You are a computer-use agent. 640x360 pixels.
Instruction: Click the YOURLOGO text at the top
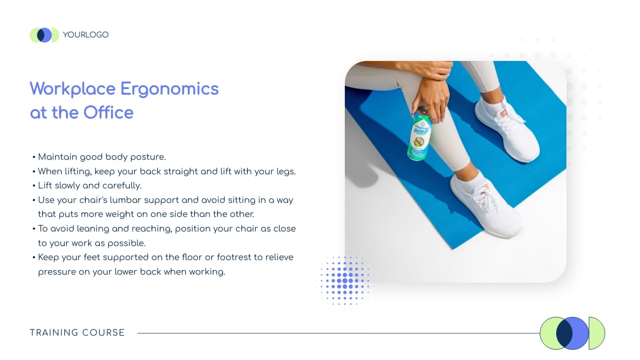86,35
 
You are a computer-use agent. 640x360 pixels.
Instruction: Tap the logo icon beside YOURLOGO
45,35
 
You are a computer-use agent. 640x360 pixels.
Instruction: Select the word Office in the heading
108,112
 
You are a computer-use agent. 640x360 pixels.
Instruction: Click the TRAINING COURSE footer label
77,332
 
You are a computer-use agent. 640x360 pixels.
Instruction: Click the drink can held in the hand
419,134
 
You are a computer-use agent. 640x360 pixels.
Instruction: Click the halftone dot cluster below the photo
345,280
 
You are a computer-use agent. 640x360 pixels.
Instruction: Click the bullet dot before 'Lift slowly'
34,186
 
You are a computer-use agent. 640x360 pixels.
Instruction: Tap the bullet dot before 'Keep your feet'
34,257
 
